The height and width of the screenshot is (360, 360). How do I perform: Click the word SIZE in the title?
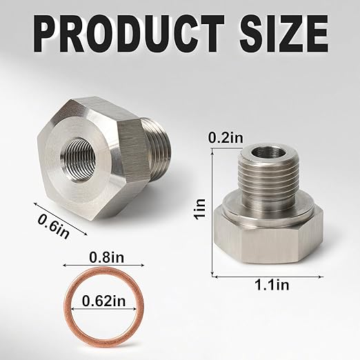point(281,32)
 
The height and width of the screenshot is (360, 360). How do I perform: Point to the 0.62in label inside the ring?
point(103,300)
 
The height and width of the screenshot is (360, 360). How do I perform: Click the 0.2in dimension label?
point(226,138)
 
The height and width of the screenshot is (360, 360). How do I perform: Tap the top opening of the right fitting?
point(264,152)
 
